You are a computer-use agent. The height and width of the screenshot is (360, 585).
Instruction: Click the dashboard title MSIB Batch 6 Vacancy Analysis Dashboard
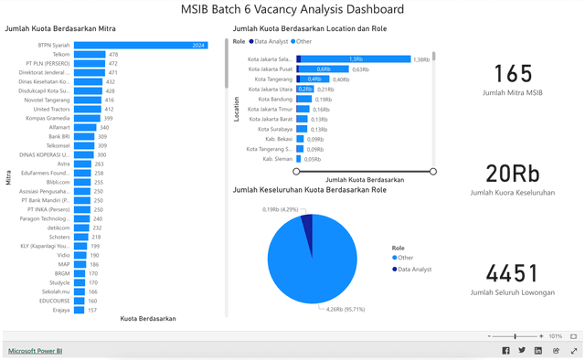[292, 10]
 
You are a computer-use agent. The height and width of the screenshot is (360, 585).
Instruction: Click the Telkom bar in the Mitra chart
[90, 54]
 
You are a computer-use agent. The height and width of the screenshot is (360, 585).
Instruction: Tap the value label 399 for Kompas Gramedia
[108, 118]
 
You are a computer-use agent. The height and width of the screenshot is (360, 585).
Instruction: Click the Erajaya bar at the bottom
[80, 310]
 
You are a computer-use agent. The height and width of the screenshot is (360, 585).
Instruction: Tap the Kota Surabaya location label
[275, 129]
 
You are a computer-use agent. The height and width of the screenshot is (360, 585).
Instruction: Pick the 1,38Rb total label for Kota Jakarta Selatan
[421, 59]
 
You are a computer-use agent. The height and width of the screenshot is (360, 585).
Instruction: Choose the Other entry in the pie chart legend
[405, 258]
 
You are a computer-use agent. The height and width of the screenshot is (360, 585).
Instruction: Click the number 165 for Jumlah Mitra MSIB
[512, 75]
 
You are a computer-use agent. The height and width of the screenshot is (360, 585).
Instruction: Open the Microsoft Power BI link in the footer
[36, 350]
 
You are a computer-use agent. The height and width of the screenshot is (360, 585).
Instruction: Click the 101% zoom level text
[555, 336]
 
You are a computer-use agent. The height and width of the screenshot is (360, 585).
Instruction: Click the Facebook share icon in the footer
[506, 350]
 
